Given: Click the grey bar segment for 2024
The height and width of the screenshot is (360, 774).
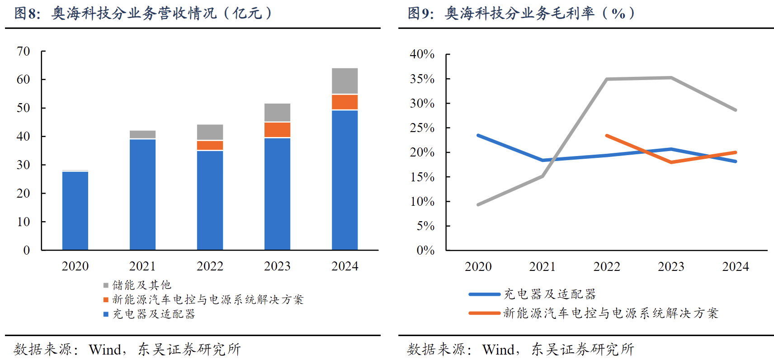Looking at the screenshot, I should pyautogui.click(x=345, y=81).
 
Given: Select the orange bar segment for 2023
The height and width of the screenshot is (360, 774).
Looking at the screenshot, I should pyautogui.click(x=277, y=130).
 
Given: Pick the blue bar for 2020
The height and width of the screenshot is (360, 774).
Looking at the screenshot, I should pyautogui.click(x=75, y=210).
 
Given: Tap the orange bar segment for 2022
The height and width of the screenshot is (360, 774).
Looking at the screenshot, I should pyautogui.click(x=210, y=145).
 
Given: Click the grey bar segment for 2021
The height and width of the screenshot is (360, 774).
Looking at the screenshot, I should pyautogui.click(x=142, y=134).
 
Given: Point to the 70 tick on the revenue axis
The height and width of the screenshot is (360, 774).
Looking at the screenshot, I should pyautogui.click(x=24, y=51).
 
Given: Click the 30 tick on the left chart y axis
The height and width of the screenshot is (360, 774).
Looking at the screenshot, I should pyautogui.click(x=24, y=165).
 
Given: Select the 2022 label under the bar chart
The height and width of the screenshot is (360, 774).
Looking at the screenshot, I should pyautogui.click(x=210, y=266).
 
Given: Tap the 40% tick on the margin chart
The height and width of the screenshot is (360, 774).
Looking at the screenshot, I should pyautogui.click(x=422, y=54).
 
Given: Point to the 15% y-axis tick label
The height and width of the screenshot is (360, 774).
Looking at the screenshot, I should pyautogui.click(x=422, y=177).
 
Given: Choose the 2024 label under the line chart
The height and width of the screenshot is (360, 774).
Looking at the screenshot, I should pyautogui.click(x=735, y=266).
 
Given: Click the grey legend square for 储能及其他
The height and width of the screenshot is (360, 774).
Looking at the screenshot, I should pyautogui.click(x=106, y=285).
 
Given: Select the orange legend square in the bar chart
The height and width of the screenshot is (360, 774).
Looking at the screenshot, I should pyautogui.click(x=106, y=299).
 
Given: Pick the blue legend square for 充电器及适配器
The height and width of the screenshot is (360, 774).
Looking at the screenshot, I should pyautogui.click(x=106, y=314).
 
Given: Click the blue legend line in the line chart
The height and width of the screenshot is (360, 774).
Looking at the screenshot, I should pyautogui.click(x=484, y=294).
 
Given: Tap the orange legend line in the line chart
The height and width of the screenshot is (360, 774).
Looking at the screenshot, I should pyautogui.click(x=484, y=313).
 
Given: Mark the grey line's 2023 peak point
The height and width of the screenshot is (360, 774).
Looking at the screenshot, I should pyautogui.click(x=671, y=78).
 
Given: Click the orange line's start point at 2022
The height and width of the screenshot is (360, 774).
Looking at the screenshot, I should pyautogui.click(x=607, y=135).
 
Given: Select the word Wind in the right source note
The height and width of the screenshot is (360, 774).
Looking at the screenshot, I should pyautogui.click(x=498, y=349).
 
